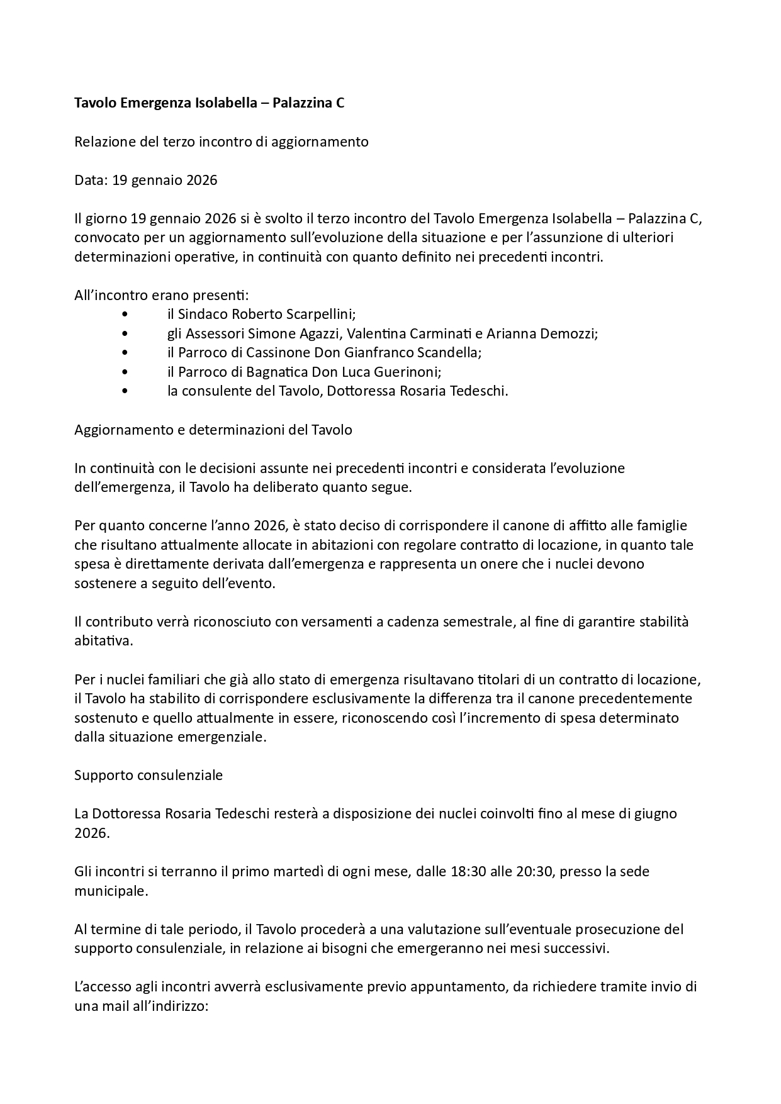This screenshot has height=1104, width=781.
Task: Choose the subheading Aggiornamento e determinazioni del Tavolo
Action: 213,430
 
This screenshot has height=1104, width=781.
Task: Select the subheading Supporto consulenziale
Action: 149,775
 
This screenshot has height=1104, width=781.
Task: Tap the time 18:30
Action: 468,872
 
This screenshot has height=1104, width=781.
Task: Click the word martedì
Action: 281,872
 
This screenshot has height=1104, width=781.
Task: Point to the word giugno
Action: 655,814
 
